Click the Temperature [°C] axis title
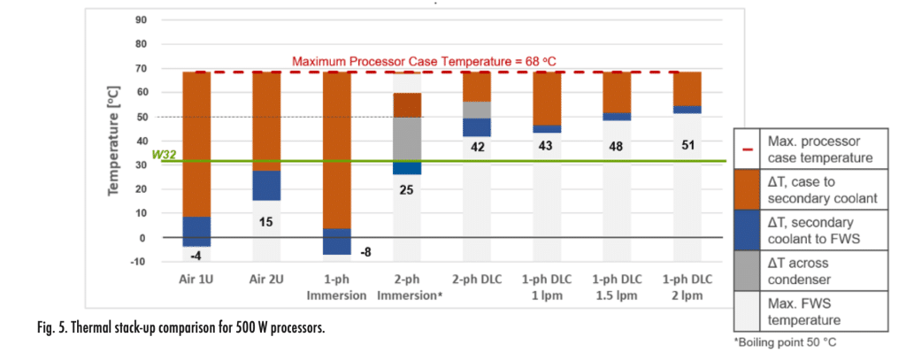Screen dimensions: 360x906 pyautogui.click(x=113, y=140)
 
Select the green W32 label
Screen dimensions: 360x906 pyautogui.click(x=164, y=155)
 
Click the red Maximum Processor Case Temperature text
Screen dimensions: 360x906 pyautogui.click(x=424, y=62)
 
